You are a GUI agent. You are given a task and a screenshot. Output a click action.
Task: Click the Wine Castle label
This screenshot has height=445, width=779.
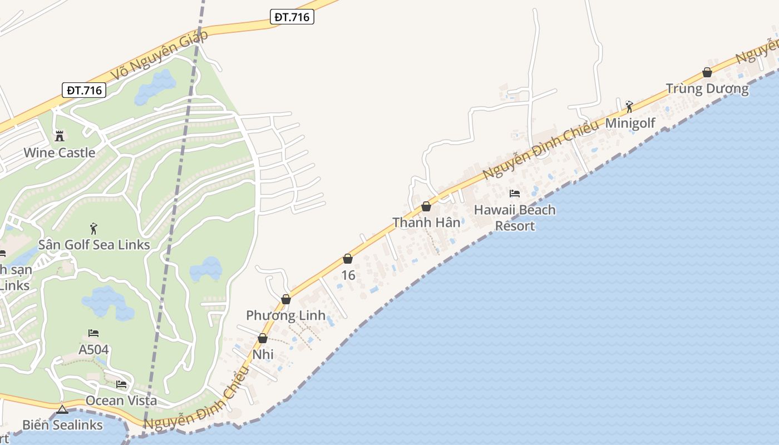pos(59,152)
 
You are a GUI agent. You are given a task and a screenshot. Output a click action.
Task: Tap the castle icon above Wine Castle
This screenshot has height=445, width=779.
pos(60,136)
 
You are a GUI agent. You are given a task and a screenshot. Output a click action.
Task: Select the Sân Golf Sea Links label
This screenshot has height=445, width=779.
pos(94,245)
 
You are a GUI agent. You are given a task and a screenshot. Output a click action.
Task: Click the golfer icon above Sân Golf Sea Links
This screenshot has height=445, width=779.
pos(93,228)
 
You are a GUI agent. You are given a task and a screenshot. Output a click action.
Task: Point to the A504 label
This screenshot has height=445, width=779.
pos(93,350)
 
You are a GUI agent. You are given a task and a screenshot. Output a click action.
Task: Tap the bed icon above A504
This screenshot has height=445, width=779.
pos(93,333)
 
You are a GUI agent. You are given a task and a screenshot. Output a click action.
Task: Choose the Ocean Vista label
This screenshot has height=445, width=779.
pos(121,400)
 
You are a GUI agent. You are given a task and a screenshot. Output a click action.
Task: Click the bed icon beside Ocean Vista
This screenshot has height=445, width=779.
pos(121,384)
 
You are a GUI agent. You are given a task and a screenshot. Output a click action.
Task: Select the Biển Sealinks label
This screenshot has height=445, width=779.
pos(62,425)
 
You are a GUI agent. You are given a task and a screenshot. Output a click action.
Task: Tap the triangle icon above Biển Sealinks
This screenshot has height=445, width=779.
pos(62,409)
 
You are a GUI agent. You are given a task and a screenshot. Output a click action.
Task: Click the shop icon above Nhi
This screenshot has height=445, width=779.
pos(263,338)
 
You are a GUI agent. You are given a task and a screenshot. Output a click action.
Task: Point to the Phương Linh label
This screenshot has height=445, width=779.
pos(285,315)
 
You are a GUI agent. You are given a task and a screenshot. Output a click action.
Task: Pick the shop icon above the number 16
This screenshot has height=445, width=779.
pos(348,259)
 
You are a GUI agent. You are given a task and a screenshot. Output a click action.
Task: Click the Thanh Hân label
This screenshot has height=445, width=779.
pos(426,222)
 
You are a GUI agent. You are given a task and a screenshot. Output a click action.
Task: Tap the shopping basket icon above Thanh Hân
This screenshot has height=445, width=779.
pos(426,206)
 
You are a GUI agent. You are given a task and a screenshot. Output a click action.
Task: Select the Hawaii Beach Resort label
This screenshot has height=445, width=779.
pos(515,217)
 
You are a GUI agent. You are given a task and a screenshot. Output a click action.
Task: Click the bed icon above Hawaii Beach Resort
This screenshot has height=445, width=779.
pos(515,194)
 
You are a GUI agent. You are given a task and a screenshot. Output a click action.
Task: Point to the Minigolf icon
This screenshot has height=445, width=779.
pos(629,106)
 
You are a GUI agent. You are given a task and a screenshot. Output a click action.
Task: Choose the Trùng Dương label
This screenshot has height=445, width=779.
pos(707,88)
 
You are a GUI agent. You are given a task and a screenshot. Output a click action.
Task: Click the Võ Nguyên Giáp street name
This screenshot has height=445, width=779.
pos(159,55)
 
